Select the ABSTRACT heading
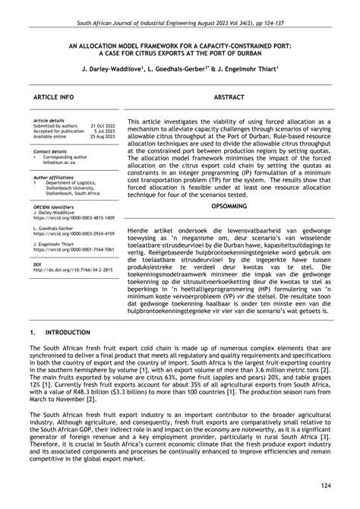click(x=229, y=99)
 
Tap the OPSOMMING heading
click(x=229, y=206)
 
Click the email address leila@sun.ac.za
click(x=58, y=162)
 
